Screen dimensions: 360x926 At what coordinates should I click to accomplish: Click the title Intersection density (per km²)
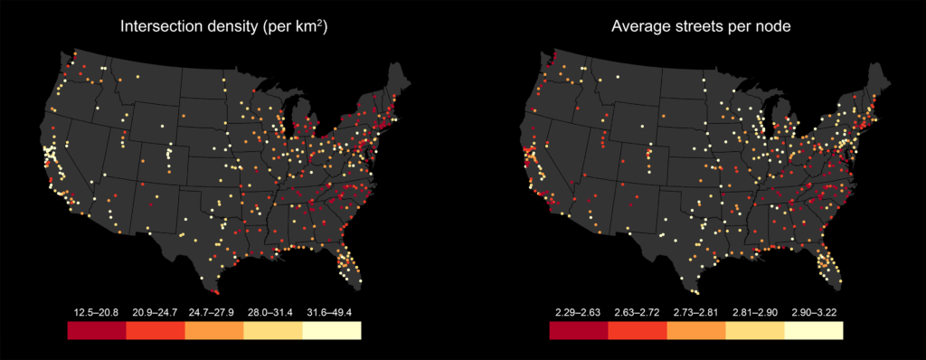[x=223, y=28]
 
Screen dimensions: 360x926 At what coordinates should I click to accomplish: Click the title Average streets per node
[x=700, y=28]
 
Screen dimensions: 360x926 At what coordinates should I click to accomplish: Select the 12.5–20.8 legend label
[x=96, y=311]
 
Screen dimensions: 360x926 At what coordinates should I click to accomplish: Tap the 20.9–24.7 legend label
[x=155, y=311]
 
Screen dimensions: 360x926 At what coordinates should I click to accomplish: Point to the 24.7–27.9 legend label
[x=213, y=311]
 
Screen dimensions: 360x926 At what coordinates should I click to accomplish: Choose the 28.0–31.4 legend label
[x=272, y=311]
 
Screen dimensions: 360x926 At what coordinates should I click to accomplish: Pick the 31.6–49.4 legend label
[x=331, y=311]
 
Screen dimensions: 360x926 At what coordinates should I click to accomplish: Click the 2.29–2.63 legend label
[x=578, y=311]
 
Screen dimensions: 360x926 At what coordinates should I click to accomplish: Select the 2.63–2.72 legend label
[x=637, y=311]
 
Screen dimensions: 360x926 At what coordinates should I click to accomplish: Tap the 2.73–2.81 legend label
[x=695, y=311]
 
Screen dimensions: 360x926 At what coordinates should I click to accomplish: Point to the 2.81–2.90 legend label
[x=754, y=311]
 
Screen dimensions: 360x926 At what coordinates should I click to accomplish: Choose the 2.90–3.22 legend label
[x=813, y=311]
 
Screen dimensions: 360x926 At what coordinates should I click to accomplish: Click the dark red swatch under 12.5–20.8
[x=96, y=330]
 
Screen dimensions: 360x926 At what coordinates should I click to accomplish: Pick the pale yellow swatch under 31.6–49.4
[x=331, y=330]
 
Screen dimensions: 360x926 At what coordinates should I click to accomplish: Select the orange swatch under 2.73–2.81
[x=695, y=330]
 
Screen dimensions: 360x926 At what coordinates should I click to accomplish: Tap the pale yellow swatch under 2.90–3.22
[x=813, y=330]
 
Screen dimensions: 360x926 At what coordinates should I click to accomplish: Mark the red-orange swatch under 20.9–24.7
[x=155, y=330]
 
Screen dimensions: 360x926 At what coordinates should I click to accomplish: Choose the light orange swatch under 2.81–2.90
[x=754, y=330]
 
